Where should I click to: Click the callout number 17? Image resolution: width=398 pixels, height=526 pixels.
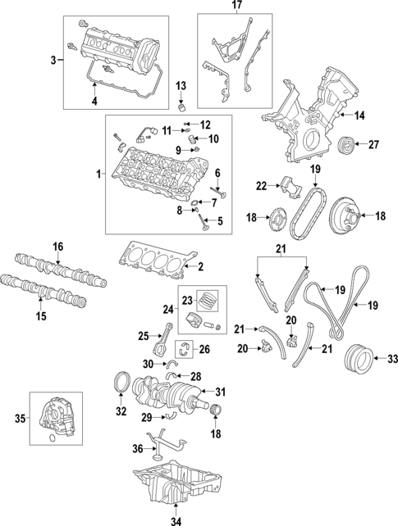coord(236,6)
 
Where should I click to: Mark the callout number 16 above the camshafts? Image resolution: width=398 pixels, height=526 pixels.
coord(57,246)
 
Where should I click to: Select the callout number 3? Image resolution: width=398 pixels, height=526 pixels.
coord(53,61)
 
